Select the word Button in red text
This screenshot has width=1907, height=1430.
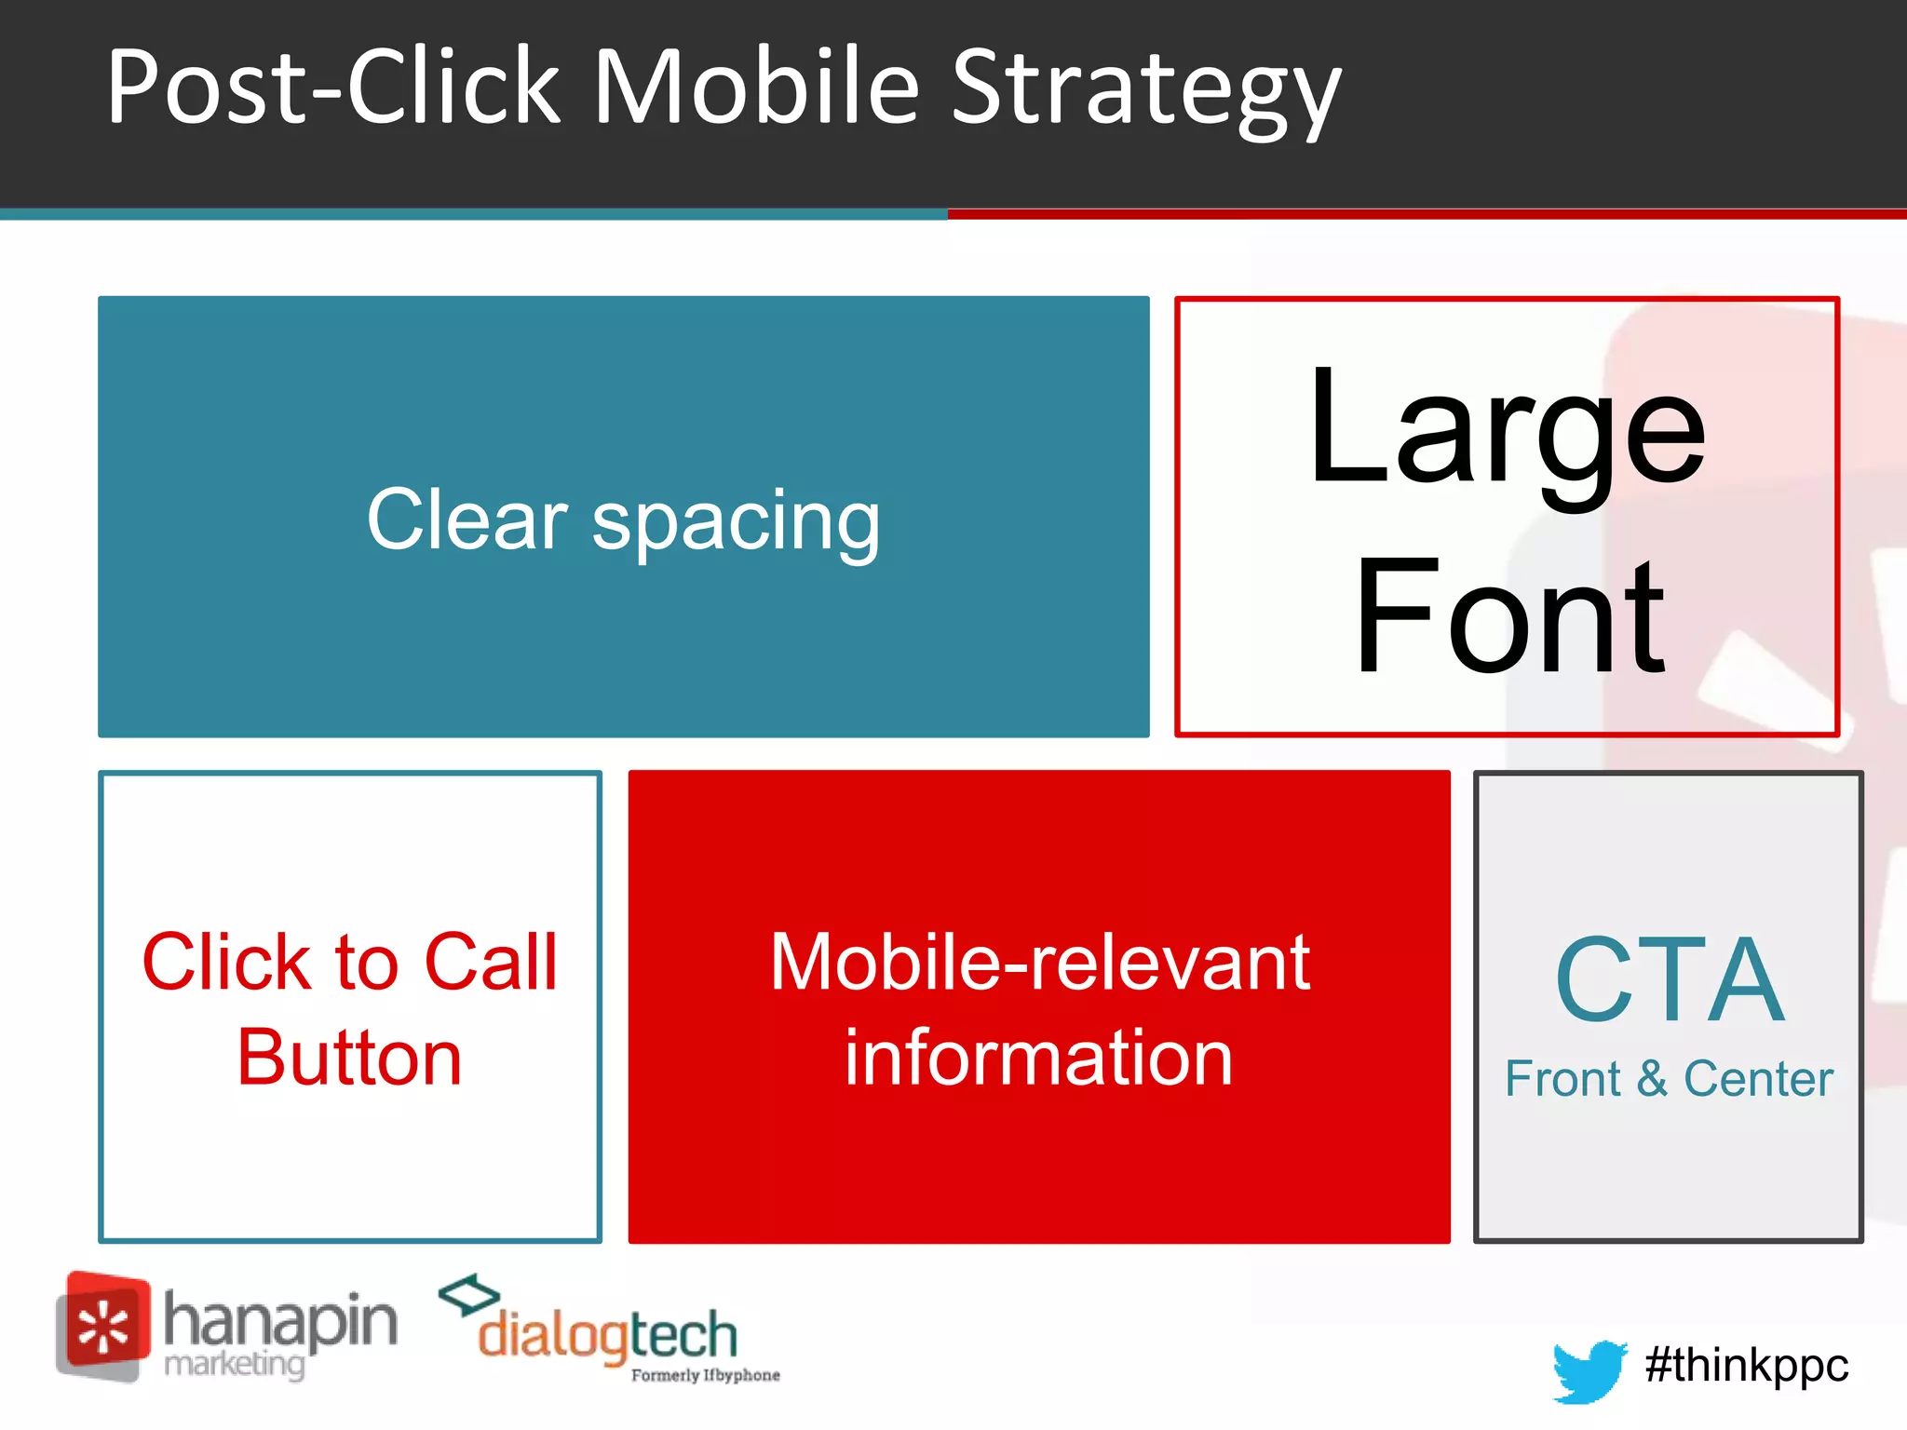pyautogui.click(x=349, y=1058)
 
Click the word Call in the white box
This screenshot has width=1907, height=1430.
pyautogui.click(x=491, y=962)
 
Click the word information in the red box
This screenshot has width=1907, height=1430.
pyautogui.click(x=1038, y=1058)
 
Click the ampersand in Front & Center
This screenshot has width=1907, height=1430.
pyautogui.click(x=1652, y=1079)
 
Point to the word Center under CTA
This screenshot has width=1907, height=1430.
pyautogui.click(x=1758, y=1079)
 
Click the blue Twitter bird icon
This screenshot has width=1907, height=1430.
pyautogui.click(x=1589, y=1369)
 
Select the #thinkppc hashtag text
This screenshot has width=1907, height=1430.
pyautogui.click(x=1747, y=1366)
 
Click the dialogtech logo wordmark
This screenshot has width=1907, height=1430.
pyautogui.click(x=606, y=1335)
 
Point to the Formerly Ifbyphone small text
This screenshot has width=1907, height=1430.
pyautogui.click(x=705, y=1376)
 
